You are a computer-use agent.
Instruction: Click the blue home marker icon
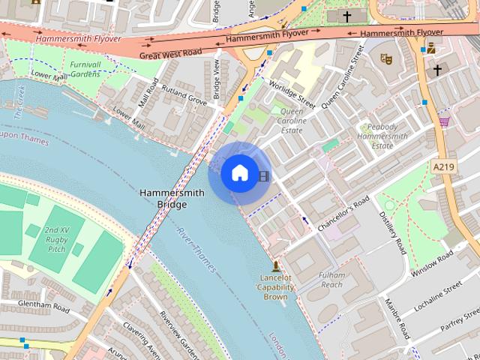point(239,173)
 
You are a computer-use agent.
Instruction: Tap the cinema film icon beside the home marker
point(263,176)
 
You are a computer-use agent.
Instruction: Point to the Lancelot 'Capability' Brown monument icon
point(275,266)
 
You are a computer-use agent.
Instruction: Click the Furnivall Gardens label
point(85,69)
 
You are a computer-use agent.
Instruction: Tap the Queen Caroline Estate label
point(292,121)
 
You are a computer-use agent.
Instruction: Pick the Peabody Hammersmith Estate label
point(382,136)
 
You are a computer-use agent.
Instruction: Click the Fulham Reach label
point(331,280)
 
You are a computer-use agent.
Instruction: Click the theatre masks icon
point(386,58)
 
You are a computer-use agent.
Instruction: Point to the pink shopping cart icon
point(445,121)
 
